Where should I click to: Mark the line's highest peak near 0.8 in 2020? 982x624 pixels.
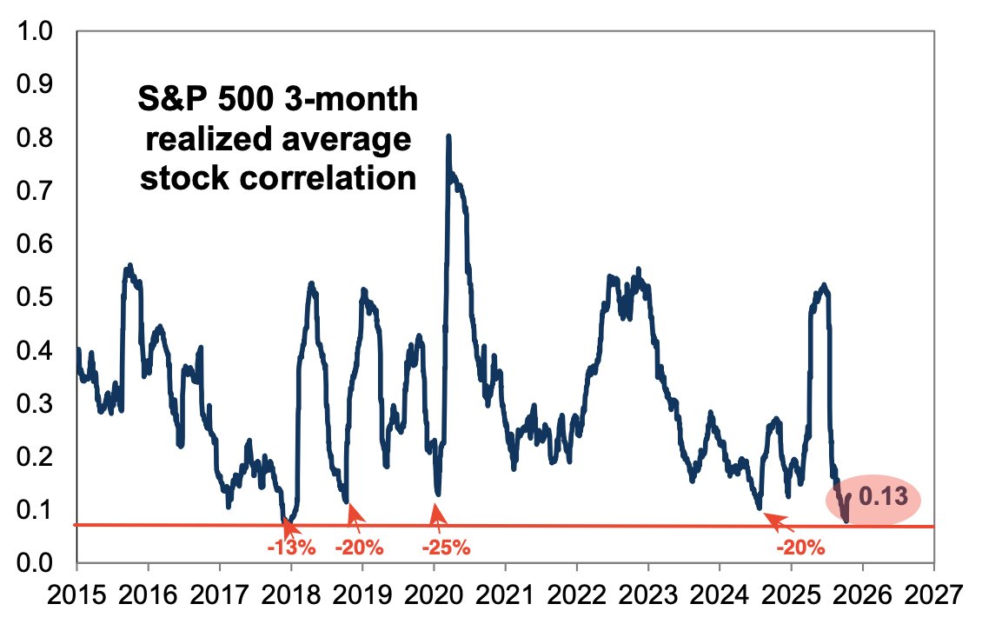[x=448, y=137]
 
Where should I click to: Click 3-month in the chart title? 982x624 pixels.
[x=352, y=100]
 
